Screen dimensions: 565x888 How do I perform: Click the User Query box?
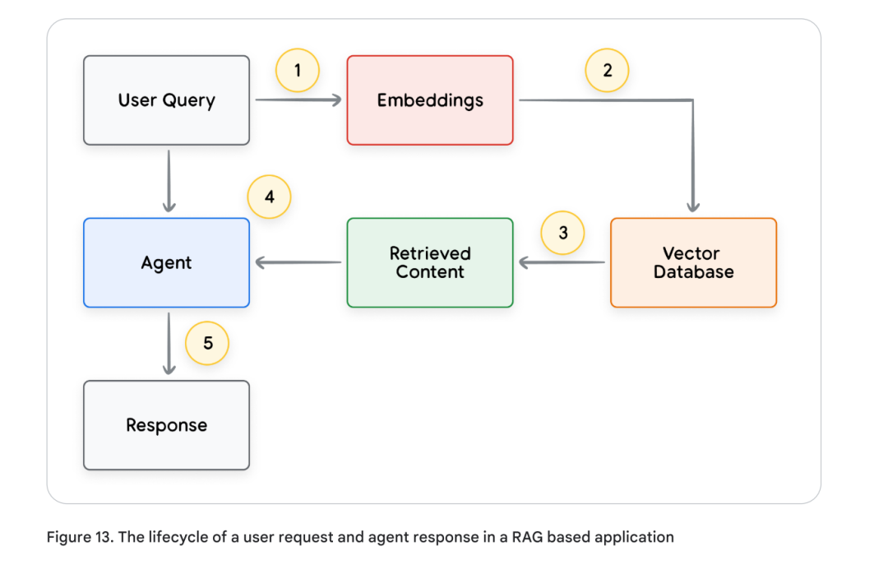(166, 100)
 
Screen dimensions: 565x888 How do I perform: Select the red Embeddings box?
(430, 100)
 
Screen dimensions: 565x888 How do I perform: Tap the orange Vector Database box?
(693, 262)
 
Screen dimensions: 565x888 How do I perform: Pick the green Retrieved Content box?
(430, 262)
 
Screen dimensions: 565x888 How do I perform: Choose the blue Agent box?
(166, 262)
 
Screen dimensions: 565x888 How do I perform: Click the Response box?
(166, 425)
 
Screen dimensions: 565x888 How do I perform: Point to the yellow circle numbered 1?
(297, 71)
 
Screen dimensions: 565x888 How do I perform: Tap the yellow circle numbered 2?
(607, 71)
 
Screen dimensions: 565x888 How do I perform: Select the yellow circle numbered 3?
(563, 233)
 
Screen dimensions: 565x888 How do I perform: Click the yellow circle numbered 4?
(270, 197)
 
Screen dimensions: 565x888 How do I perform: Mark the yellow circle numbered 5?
(207, 343)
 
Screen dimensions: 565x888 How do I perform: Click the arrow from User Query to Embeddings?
(298, 100)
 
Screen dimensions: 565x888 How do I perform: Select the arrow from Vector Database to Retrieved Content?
(562, 262)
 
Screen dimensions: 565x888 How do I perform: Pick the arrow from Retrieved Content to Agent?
(298, 262)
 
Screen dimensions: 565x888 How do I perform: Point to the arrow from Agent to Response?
(169, 342)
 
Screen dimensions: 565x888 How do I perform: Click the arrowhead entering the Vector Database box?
(693, 206)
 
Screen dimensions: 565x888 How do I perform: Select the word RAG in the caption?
(525, 537)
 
